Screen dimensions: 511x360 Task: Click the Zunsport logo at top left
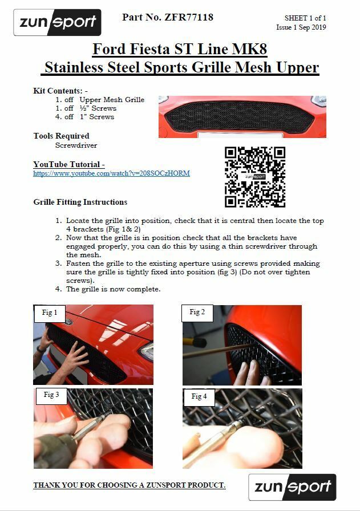pos(57,23)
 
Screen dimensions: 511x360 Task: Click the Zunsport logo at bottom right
pos(292,487)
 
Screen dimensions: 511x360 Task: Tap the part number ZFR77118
pos(168,18)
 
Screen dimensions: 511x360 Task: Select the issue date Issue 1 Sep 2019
pos(301,27)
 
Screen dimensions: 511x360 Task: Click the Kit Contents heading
pos(60,91)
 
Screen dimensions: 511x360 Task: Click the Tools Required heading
pos(62,136)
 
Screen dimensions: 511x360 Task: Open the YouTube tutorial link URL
pos(111,173)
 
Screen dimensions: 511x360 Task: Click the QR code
pos(255,177)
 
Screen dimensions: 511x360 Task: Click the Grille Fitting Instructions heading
pos(80,202)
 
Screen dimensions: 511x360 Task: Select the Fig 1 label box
pos(50,313)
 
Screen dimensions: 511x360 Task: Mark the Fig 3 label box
pos(51,394)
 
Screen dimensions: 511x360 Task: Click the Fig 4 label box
pos(199,396)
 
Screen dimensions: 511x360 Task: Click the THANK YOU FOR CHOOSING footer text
pos(130,485)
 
